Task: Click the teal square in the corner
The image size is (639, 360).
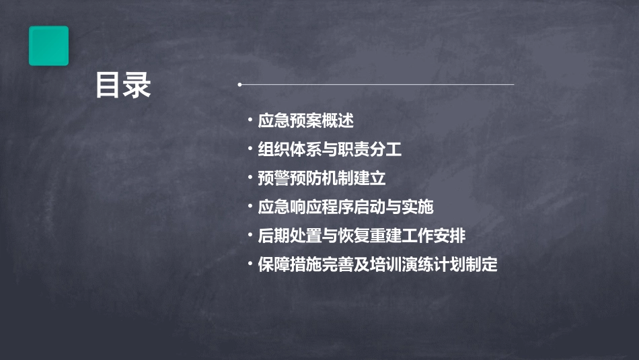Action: (48, 46)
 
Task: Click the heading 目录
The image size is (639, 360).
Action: (123, 85)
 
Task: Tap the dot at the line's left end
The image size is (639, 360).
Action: (239, 85)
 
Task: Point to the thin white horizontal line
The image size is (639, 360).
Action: (377, 85)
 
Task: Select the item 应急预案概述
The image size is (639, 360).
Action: (305, 121)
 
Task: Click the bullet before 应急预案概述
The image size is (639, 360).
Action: (250, 120)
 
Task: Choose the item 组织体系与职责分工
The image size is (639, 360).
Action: (330, 149)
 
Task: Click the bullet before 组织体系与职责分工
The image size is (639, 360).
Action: (250, 149)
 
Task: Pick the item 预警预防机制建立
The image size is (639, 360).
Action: (322, 178)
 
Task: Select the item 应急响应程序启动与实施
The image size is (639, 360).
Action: (346, 207)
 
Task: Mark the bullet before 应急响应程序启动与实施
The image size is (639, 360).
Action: (250, 206)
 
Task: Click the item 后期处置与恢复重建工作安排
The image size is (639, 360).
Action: (362, 236)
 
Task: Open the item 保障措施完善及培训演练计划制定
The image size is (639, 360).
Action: (378, 264)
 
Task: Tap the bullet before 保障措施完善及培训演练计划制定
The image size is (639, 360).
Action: (250, 264)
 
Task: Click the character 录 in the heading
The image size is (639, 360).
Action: (137, 85)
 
